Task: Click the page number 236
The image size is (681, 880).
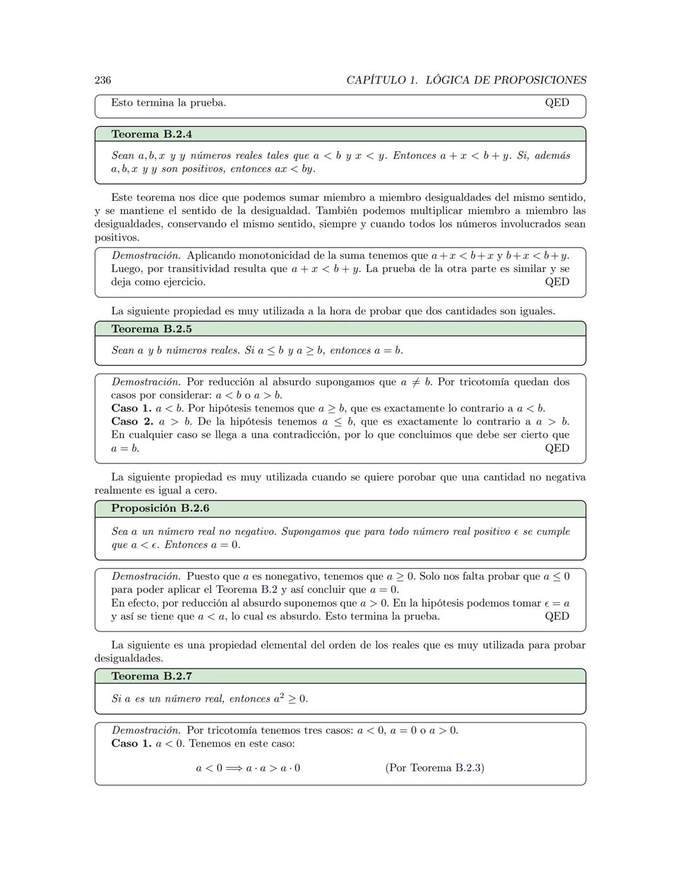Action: click(103, 80)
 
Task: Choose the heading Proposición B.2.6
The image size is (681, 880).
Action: click(160, 508)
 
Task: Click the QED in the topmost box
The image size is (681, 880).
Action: click(557, 103)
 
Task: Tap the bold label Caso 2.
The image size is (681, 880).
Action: click(132, 421)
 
